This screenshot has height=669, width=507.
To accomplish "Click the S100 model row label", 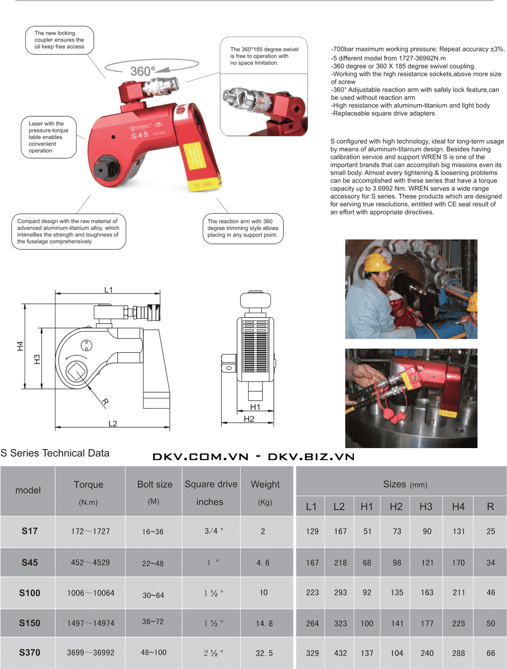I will point(29,593).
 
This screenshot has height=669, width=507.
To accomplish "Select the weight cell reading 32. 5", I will point(264,653).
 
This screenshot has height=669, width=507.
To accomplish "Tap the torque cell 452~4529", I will point(90,562).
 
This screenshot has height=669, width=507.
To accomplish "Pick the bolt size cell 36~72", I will point(153,622).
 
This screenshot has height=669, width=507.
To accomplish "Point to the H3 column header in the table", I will point(426,506).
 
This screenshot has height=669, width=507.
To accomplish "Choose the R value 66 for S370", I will point(491,653).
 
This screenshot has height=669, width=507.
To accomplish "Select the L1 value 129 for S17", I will point(312,531).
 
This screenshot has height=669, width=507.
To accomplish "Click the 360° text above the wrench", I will point(142,71).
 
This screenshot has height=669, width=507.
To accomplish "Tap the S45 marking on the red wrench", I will point(140,135).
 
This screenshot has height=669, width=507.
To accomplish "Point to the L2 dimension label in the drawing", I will point(113,423).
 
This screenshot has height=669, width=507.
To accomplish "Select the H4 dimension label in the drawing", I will point(20,346).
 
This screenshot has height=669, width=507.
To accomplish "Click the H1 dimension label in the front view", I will point(255,407).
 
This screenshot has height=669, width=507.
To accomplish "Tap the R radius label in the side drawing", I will point(105,401).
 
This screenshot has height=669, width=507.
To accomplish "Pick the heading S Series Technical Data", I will point(55,453).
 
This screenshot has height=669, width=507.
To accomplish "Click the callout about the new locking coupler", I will point(59,40).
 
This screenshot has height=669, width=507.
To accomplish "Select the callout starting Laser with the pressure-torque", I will point(48,137).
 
